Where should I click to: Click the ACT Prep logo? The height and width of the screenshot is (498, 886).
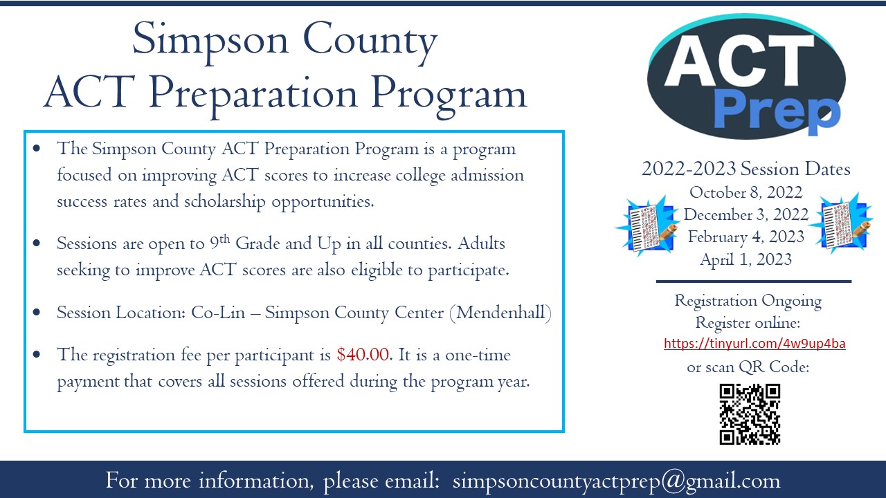point(746,76)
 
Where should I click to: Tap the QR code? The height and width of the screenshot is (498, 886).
point(750,414)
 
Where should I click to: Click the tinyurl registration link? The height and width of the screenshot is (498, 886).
point(754,344)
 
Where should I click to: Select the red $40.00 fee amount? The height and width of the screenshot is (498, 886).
point(364,356)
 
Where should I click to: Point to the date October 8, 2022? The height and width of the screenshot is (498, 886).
point(745,192)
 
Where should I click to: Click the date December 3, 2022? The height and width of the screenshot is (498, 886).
point(745,214)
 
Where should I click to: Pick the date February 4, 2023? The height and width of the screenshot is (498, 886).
point(745,237)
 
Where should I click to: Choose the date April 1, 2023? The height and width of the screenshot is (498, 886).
point(745,260)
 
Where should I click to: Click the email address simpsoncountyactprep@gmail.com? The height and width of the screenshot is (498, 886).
point(616,481)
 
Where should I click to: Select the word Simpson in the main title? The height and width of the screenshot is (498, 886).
point(204,40)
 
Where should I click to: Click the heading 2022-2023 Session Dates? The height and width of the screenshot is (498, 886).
point(745,169)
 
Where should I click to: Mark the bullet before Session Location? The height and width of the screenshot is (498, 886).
point(36,313)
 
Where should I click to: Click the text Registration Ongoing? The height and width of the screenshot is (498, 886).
point(748,301)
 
